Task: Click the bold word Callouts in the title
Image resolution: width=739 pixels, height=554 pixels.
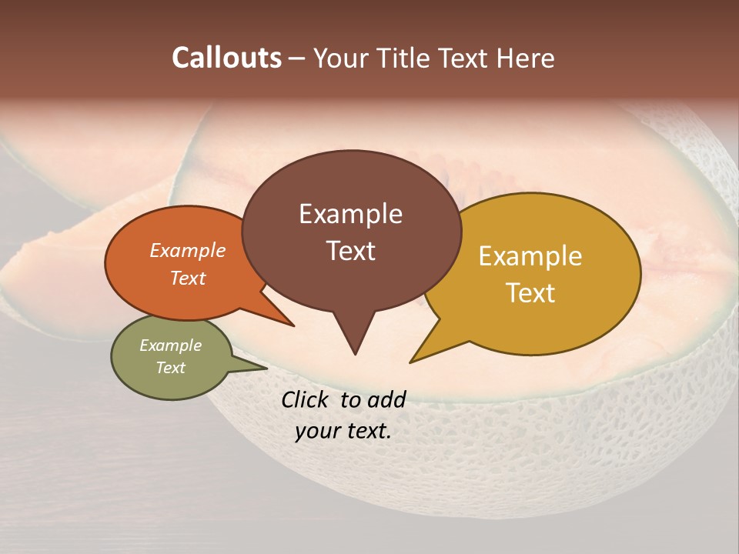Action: click(x=226, y=58)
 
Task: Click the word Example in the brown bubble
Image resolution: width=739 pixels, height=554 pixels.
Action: click(x=350, y=214)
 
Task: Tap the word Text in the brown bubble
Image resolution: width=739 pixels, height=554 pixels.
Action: click(x=350, y=251)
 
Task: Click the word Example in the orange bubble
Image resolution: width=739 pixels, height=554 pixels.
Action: click(x=188, y=251)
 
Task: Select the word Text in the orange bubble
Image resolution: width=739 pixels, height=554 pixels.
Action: click(x=188, y=278)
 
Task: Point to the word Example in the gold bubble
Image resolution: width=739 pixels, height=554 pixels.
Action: click(x=530, y=256)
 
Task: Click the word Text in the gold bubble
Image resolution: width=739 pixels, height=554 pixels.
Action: click(x=530, y=293)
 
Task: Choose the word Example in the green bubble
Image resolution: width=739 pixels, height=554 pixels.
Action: click(x=170, y=345)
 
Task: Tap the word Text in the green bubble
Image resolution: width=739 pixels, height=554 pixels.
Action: click(x=170, y=368)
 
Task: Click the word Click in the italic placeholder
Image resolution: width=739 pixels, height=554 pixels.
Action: click(x=306, y=399)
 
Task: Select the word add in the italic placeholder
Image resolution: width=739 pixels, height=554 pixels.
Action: click(x=386, y=399)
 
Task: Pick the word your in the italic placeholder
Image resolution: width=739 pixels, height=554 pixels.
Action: click(x=317, y=431)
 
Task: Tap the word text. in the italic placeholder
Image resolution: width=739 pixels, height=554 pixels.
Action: click(x=366, y=431)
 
